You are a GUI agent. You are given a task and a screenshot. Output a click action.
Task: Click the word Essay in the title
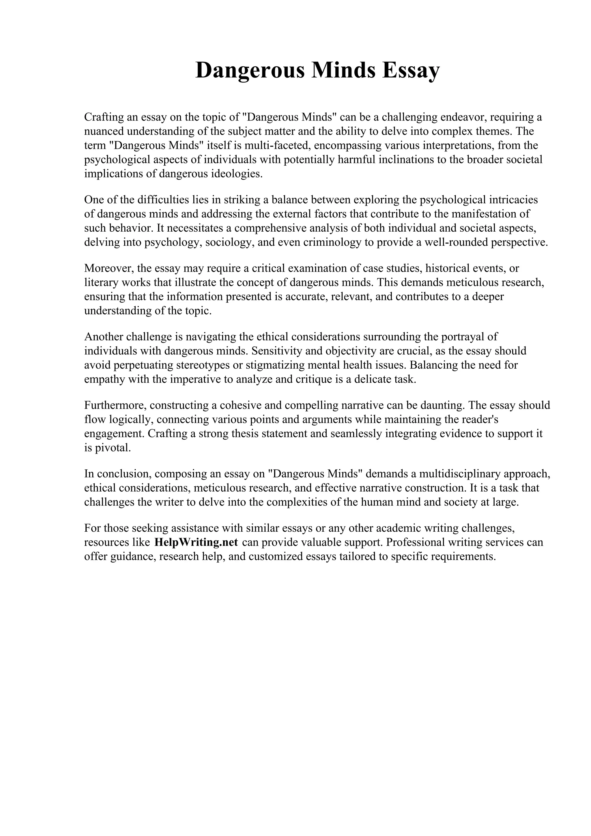click(410, 70)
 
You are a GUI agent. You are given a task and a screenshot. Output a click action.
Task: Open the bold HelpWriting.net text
click(196, 542)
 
